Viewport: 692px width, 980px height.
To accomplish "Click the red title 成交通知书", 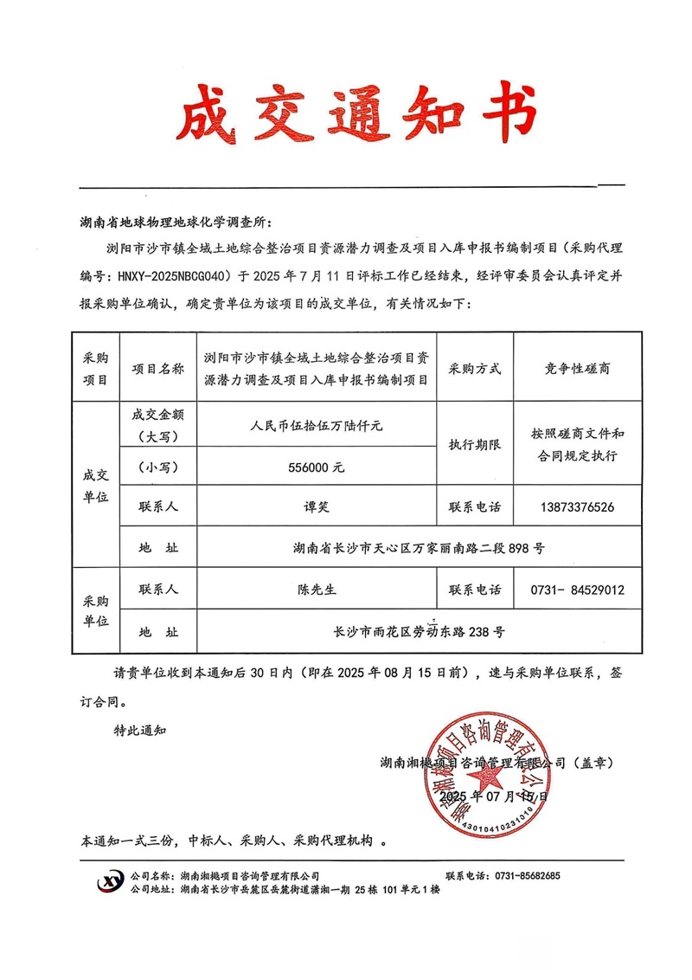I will click(x=356, y=113).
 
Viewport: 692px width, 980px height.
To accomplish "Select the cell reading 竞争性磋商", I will click(x=577, y=368).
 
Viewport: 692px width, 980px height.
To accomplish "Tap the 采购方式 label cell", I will click(x=475, y=368).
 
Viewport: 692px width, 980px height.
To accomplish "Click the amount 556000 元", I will click(x=317, y=467).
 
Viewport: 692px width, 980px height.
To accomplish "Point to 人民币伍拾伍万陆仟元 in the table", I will click(x=317, y=426).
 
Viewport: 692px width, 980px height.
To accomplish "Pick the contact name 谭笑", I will click(x=317, y=506).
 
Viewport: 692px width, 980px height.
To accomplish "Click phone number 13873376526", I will click(x=576, y=506).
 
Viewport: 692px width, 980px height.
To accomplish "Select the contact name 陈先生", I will click(x=317, y=590).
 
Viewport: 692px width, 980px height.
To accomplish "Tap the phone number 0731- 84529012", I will click(x=576, y=590).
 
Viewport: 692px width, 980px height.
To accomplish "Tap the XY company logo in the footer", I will click(x=111, y=881).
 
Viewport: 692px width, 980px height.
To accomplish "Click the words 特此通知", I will click(x=141, y=730).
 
